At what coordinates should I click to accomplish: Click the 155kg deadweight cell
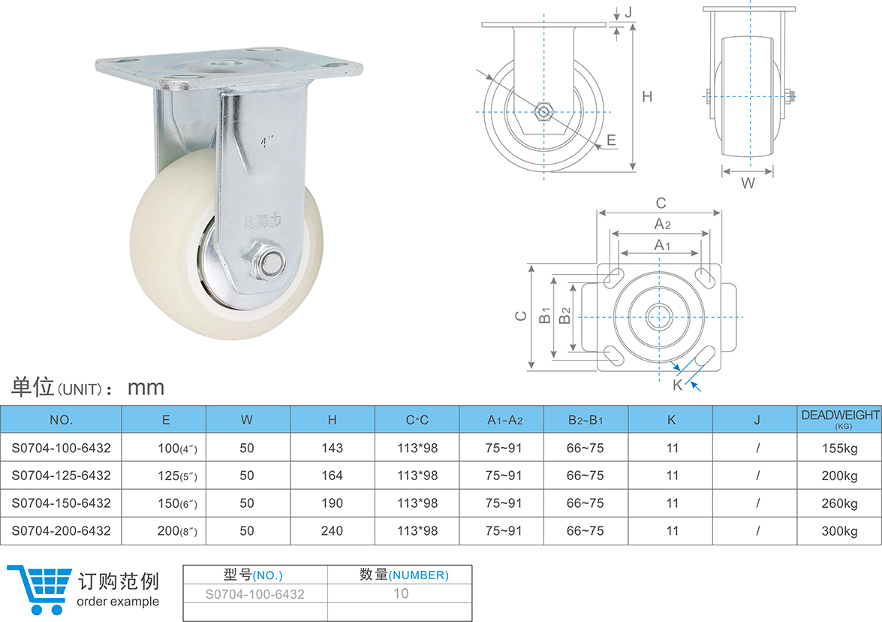tap(839, 448)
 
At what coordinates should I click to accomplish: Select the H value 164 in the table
tap(332, 476)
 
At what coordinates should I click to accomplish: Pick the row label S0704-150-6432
tap(61, 503)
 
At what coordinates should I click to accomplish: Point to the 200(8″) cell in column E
tap(177, 531)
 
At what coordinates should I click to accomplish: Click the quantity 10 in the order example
tap(401, 593)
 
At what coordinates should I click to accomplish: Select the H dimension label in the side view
tap(646, 96)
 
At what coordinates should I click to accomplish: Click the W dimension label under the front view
tap(748, 183)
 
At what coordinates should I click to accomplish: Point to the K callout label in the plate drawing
tap(676, 385)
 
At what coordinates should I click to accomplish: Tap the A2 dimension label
tap(661, 224)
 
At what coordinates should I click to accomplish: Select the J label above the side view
tap(628, 11)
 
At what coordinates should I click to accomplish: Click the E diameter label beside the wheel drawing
tap(611, 140)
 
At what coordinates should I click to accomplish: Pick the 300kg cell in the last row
tap(839, 531)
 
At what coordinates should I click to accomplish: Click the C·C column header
tap(417, 420)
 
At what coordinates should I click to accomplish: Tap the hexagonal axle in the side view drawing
tap(543, 112)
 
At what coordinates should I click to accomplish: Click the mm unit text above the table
tap(146, 388)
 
